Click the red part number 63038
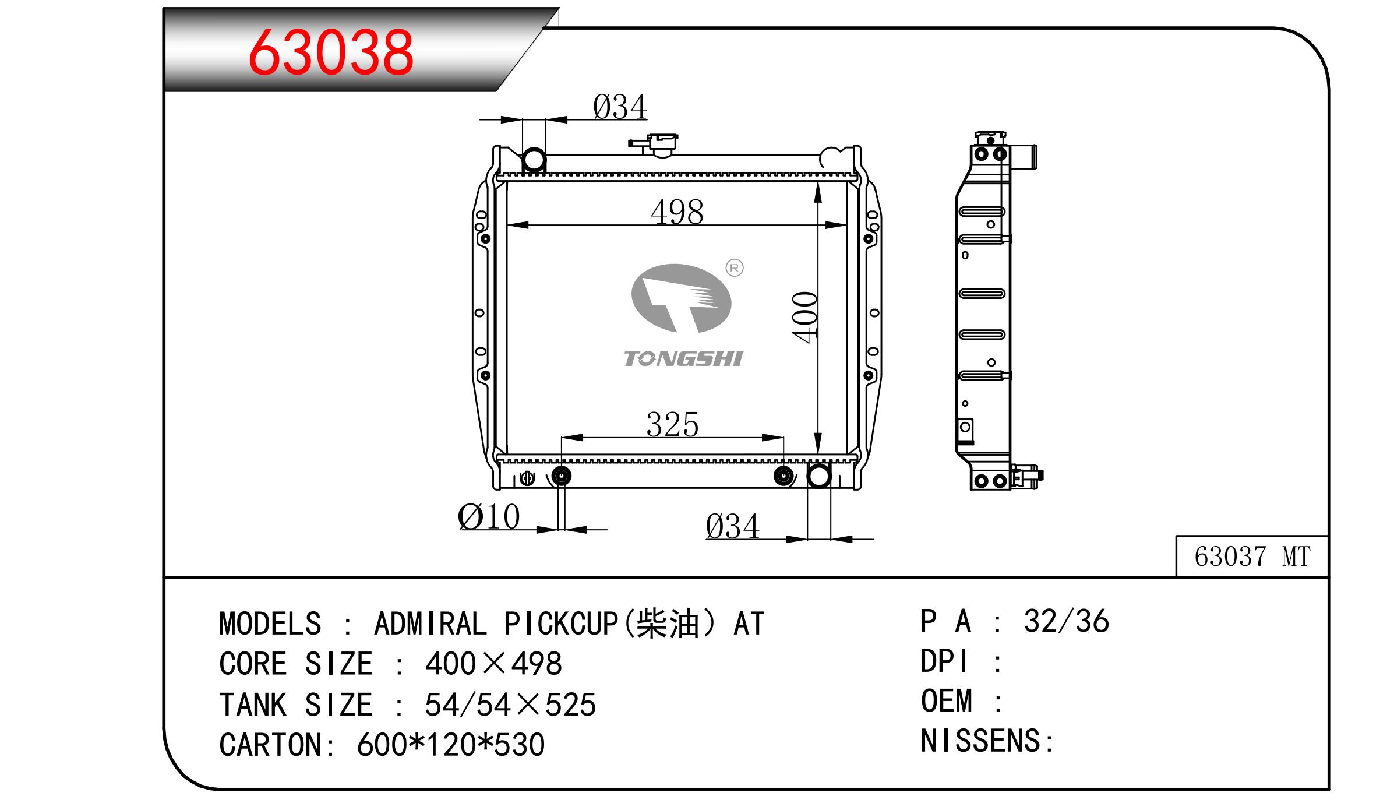click(x=331, y=52)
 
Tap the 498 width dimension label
click(x=677, y=212)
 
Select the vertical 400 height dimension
click(x=805, y=317)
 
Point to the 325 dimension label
click(x=672, y=424)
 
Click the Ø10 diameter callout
click(x=489, y=516)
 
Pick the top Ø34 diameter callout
click(x=620, y=107)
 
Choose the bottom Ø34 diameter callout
click(x=732, y=527)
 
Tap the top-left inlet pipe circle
click(x=534, y=160)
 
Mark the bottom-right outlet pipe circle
click(x=818, y=476)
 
